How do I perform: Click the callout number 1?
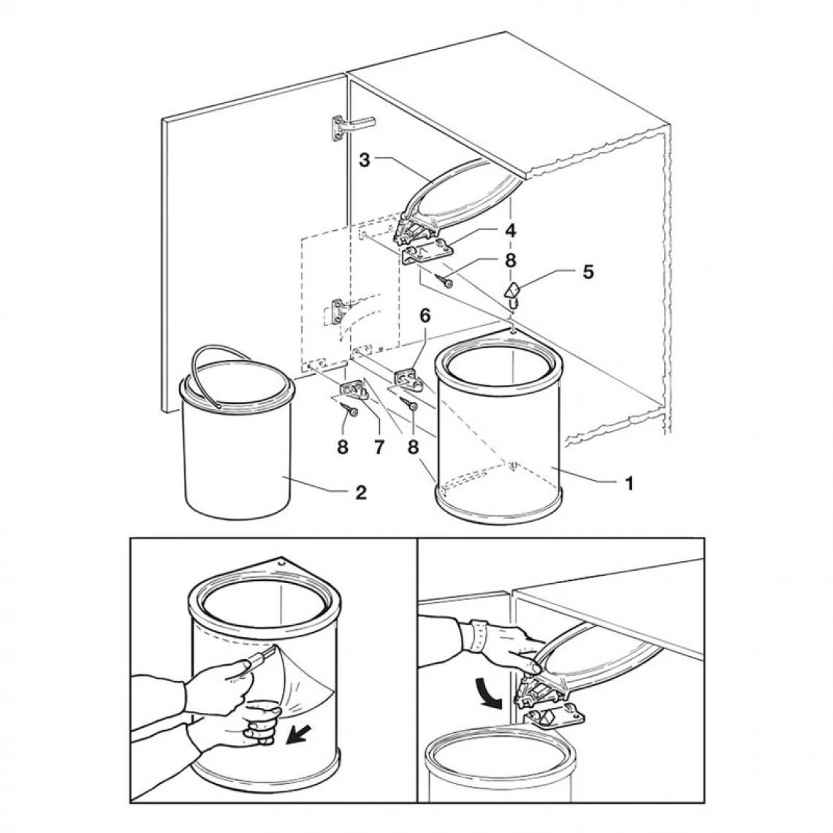[x=629, y=484]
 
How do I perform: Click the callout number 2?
[x=361, y=492]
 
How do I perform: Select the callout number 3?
[x=364, y=160]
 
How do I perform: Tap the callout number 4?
[x=511, y=231]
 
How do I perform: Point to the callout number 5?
[x=588, y=272]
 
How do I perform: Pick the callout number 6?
[x=425, y=316]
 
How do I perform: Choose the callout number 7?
[x=379, y=447]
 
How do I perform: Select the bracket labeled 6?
[x=408, y=379]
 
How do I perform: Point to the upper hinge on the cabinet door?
[x=351, y=127]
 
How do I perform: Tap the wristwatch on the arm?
[x=477, y=636]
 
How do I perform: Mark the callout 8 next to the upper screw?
[x=510, y=260]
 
